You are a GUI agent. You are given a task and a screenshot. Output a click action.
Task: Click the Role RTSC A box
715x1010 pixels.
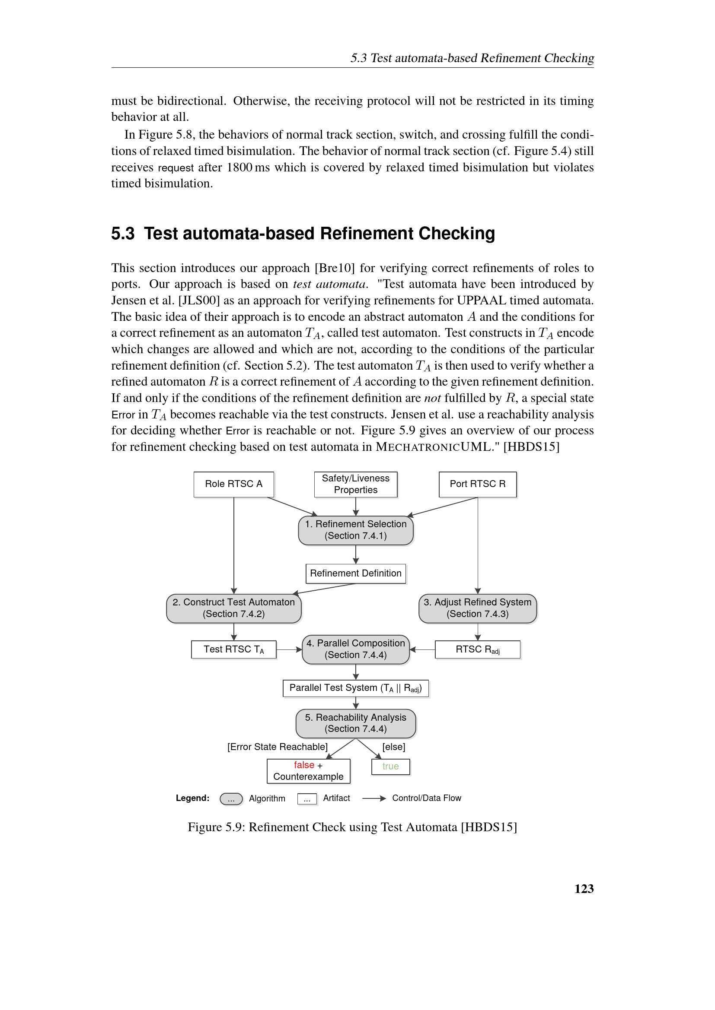coord(233,484)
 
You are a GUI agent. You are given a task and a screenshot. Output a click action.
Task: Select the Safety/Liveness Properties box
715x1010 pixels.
coord(355,484)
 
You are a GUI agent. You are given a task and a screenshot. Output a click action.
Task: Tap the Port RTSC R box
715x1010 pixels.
coord(477,484)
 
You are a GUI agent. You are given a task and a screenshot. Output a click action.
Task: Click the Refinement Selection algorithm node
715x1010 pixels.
coord(355,530)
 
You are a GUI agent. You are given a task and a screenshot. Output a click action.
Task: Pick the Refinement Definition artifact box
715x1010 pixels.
coord(355,573)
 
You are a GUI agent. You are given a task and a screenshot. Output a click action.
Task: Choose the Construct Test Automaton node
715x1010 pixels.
coord(233,608)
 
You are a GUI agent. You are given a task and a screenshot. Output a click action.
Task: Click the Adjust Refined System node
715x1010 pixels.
coord(477,608)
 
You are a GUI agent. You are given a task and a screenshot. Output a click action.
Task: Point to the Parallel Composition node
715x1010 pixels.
coord(355,649)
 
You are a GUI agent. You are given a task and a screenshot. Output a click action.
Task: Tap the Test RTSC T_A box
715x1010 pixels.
coord(233,650)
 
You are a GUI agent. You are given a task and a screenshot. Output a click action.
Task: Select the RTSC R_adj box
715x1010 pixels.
coord(477,650)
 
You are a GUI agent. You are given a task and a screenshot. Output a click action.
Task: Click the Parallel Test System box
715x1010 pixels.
coord(355,688)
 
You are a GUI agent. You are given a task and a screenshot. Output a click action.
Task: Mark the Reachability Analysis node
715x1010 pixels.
coord(355,723)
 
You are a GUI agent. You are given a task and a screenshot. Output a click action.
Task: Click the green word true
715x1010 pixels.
coord(390,767)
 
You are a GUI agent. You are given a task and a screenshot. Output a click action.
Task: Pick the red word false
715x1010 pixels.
coord(304,766)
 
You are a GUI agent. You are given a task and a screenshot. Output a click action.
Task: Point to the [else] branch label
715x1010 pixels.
coord(394,747)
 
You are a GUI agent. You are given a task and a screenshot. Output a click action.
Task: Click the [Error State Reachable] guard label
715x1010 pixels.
coord(278,747)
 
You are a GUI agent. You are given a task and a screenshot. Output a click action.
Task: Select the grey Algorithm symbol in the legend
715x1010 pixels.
coord(231,799)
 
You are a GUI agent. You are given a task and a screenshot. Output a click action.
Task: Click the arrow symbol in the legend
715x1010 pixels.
coord(374,798)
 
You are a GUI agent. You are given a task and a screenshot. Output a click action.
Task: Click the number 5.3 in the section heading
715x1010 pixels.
coord(123,234)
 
